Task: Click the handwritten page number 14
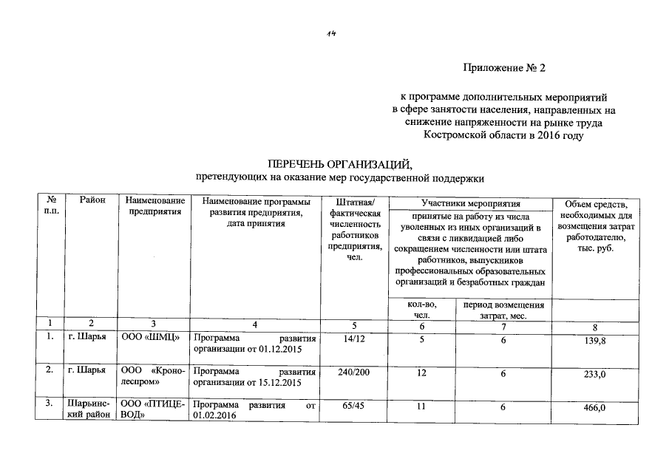[333, 33]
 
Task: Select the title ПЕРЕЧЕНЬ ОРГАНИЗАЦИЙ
[339, 163]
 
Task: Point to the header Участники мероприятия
[471, 203]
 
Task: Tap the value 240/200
[353, 373]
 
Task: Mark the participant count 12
[421, 374]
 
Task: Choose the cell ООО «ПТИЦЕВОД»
[152, 411]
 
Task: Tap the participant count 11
[421, 406]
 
